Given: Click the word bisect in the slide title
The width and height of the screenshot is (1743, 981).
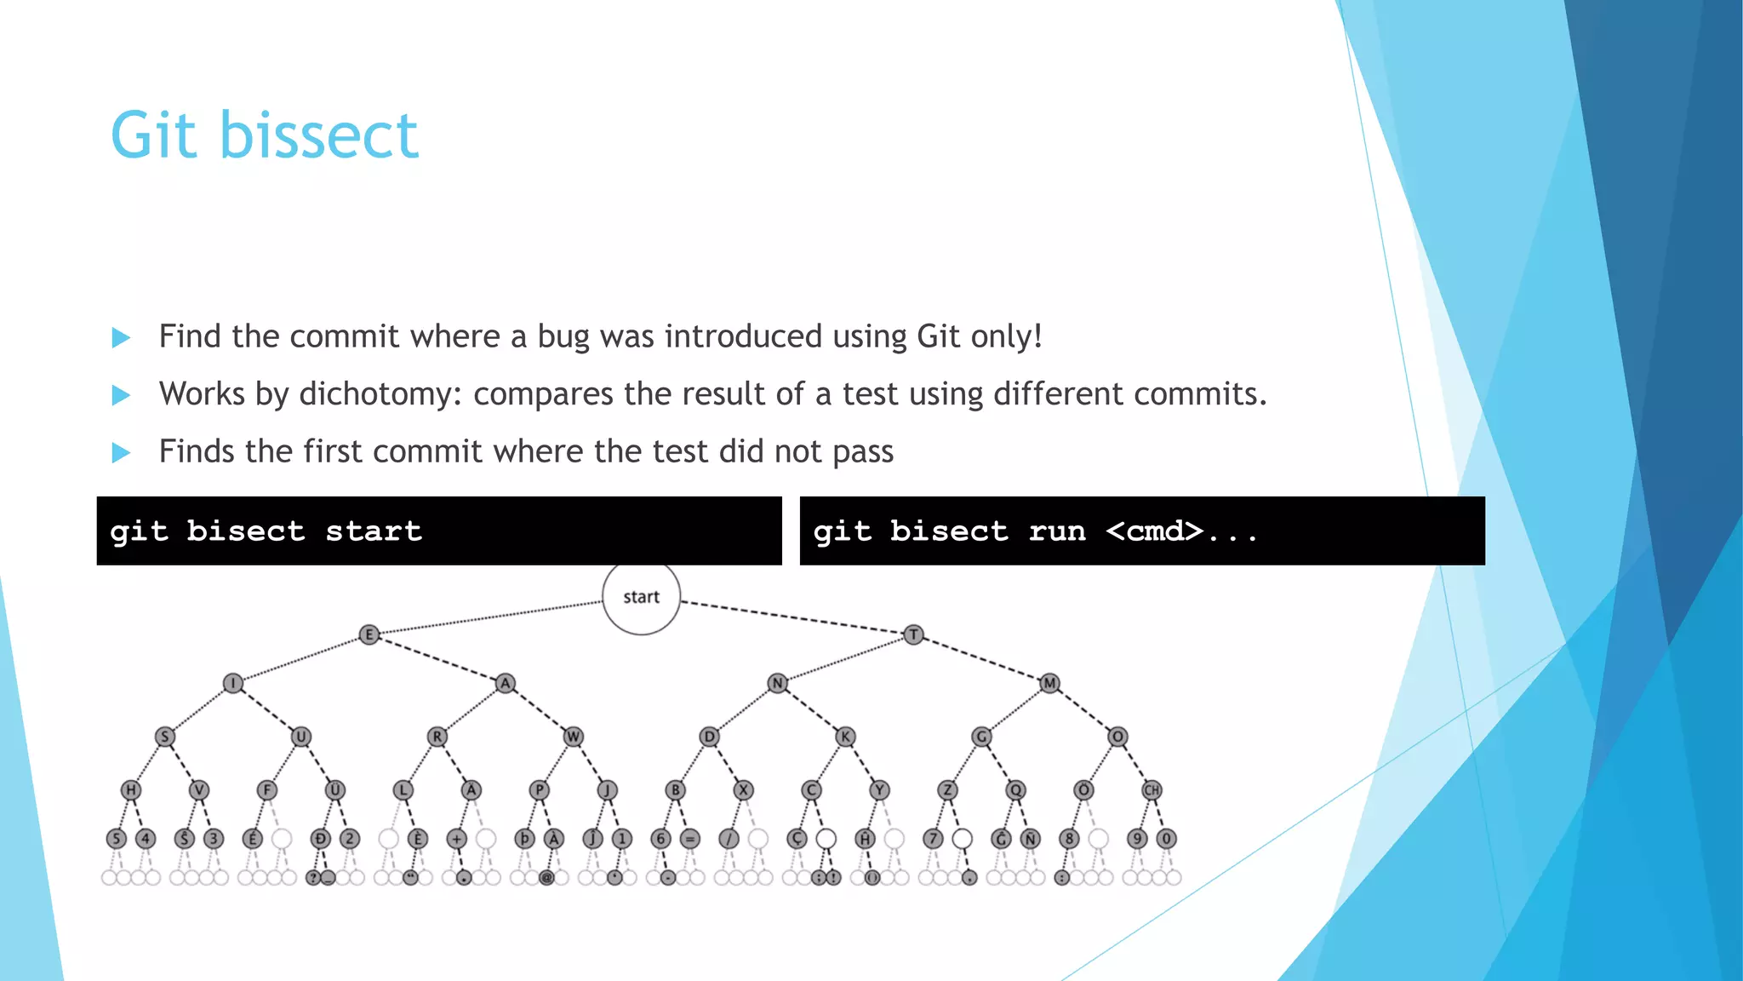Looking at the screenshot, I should point(319,136).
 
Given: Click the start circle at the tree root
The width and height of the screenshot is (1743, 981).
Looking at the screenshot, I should point(641,597).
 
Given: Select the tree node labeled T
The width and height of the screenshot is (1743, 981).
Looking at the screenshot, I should point(913,634).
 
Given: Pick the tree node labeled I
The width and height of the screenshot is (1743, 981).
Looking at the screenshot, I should point(233,683).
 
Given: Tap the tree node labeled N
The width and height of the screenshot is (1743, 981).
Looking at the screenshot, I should point(777,683).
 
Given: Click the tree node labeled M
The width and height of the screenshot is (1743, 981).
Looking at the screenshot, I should point(1049,683).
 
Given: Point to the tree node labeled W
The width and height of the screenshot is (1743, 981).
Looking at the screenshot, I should point(573,737).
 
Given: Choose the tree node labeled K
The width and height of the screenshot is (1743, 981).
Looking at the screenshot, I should point(845,737).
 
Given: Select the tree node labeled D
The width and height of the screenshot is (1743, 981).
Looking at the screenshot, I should point(709,737).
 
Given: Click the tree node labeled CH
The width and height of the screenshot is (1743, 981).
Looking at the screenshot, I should point(1152,790).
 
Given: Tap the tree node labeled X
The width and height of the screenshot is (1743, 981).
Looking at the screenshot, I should point(743,790).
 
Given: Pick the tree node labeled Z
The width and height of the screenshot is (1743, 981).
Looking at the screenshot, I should point(947,790).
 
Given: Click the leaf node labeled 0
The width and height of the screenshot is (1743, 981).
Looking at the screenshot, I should point(1167,839).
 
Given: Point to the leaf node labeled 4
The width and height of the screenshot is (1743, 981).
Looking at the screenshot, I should point(146,839).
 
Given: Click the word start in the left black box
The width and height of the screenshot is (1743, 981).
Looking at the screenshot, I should point(374,531).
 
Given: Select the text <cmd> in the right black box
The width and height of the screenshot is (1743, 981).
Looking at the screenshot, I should point(1155,531).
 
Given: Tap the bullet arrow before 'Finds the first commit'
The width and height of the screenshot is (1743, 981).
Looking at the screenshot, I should point(121,452).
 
